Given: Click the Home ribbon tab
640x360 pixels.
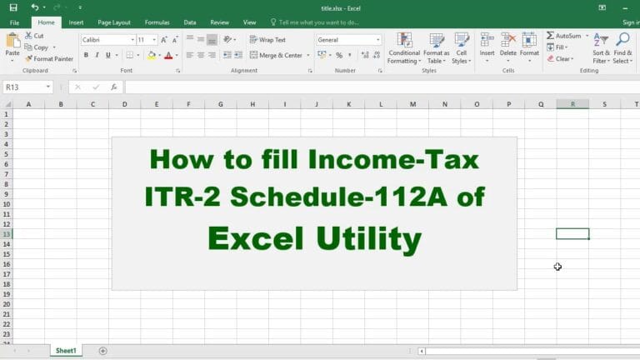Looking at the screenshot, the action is [x=46, y=22].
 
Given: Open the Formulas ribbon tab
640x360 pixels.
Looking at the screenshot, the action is [x=157, y=22].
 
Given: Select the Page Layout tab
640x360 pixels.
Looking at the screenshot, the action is [x=114, y=22].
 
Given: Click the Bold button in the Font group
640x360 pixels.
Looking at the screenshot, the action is [x=86, y=55].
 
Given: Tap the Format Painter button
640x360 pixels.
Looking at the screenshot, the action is [x=49, y=59].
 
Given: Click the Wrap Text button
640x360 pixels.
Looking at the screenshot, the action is [x=267, y=40].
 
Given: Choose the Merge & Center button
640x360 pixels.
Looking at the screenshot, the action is [x=280, y=55].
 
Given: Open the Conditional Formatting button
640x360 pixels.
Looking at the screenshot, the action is [x=404, y=48].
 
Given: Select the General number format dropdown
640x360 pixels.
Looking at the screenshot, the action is [x=348, y=40].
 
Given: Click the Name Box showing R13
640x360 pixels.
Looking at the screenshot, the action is [x=27, y=87].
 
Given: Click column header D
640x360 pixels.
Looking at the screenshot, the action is [x=124, y=104].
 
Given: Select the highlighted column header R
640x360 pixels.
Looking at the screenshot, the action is [x=572, y=104].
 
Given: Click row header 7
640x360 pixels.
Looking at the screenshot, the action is [x=6, y=174].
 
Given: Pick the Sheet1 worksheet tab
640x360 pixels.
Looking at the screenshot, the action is [x=66, y=351].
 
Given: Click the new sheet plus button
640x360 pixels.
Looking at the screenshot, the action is [x=102, y=351].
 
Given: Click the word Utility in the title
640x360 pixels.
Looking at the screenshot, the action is [x=368, y=239].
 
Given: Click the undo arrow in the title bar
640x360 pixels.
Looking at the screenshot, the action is [x=35, y=7].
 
